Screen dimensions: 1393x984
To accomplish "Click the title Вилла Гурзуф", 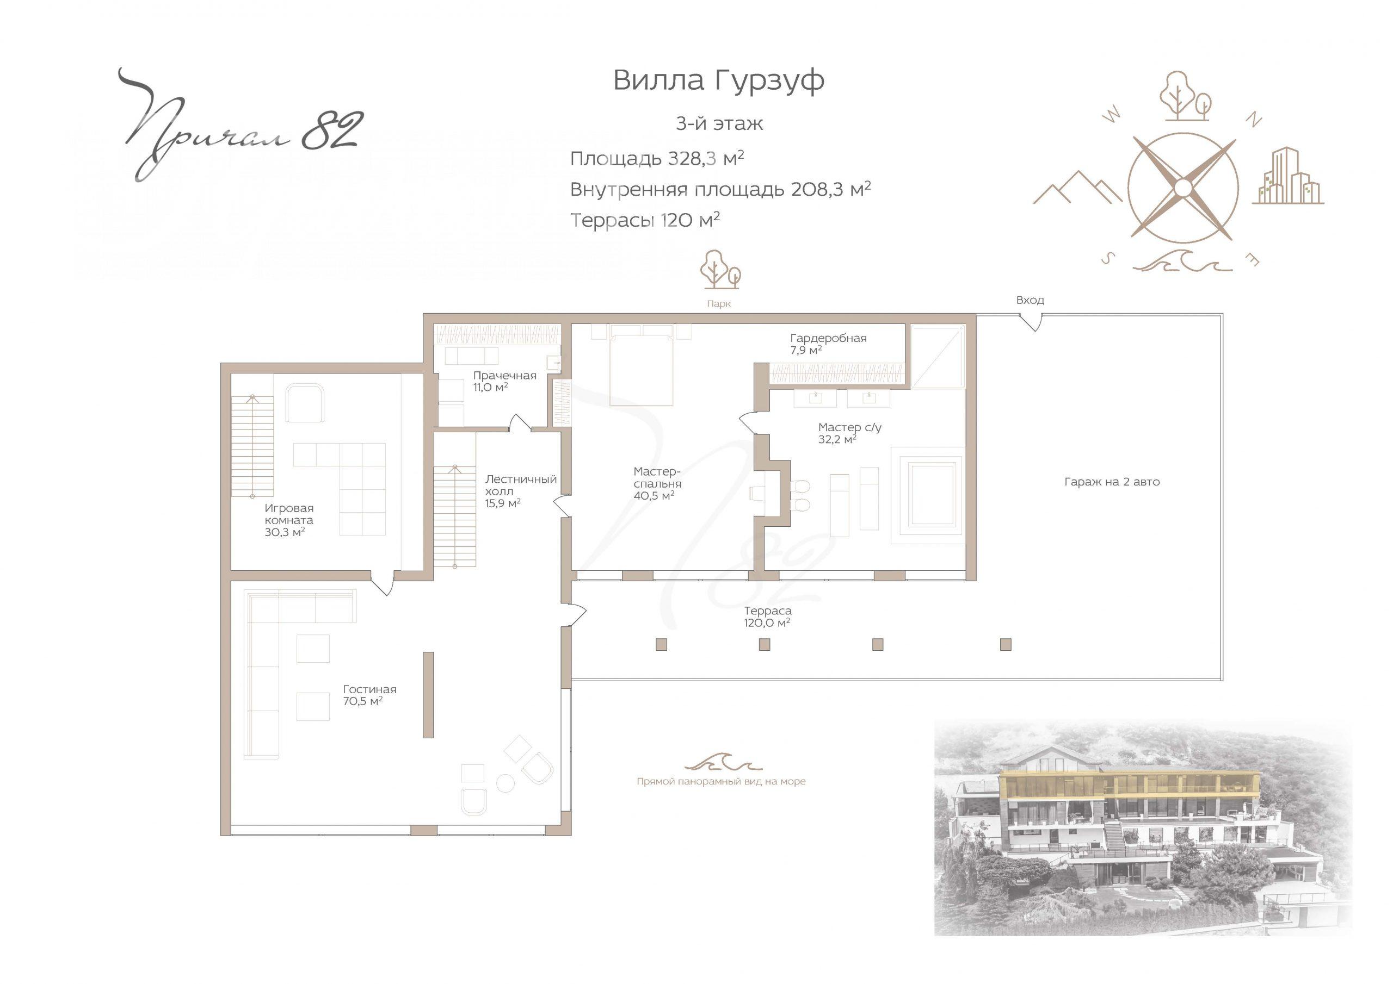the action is pos(718,80).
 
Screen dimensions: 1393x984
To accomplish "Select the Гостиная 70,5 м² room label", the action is pos(369,695).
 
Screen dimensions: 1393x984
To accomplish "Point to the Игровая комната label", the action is pos(289,520).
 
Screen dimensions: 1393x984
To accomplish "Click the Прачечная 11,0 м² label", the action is pos(505,381).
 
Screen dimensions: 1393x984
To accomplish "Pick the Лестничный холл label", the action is pos(521,491).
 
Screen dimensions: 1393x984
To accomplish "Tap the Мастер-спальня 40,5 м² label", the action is pos(657,483).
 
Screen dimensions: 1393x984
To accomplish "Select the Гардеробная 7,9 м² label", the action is pos(828,344).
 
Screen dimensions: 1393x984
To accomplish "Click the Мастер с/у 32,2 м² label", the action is pos(849,433).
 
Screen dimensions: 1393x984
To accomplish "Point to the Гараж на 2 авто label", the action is pos(1112,482).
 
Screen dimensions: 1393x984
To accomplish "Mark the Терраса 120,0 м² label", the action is pos(767,616).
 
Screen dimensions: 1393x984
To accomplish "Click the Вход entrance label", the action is pos(1030,300).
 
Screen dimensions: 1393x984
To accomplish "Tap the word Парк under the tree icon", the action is pos(719,304).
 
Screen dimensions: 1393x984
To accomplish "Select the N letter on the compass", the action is pos(1254,120).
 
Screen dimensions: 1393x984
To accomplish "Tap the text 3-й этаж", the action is pos(719,124).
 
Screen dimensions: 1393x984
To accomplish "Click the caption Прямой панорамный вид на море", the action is pos(722,782).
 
